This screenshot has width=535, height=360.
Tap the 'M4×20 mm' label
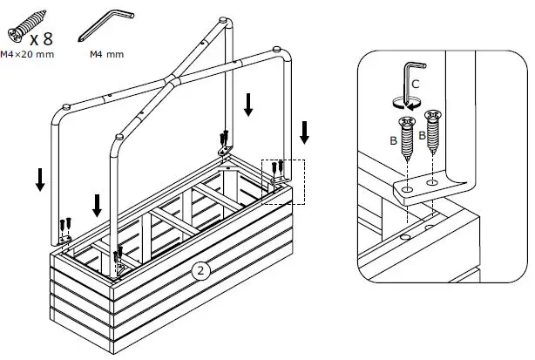coord(28,55)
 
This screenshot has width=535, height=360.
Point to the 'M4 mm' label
coord(106,53)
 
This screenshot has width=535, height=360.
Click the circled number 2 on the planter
coord(200,270)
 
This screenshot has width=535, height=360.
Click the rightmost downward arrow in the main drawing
coord(304,133)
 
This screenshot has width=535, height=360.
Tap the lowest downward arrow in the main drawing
coord(97,206)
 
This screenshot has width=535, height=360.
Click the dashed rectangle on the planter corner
coord(284,181)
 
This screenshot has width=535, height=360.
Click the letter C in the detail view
coord(416,84)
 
